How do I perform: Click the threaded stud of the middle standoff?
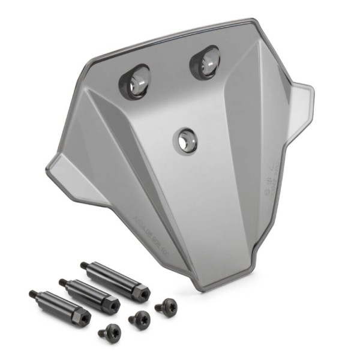pyautogui.click(x=64, y=281)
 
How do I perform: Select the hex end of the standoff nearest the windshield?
pyautogui.click(x=139, y=290)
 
